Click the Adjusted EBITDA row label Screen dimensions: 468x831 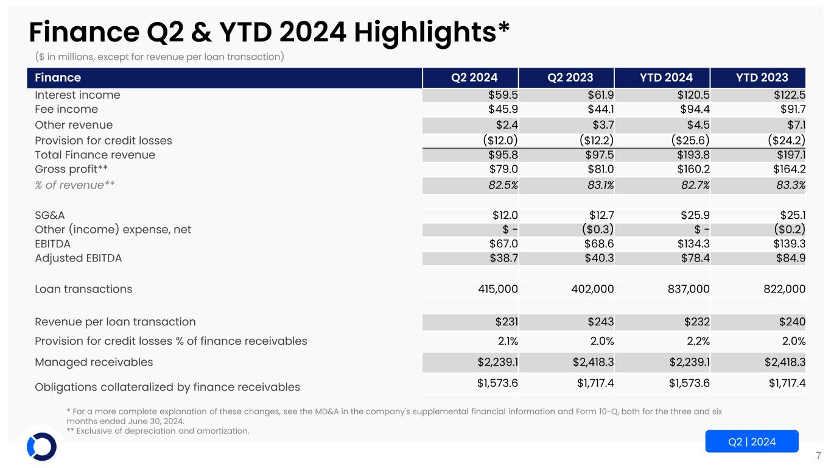coord(79,258)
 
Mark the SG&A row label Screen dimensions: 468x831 coord(50,214)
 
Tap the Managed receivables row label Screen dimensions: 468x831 coord(94,362)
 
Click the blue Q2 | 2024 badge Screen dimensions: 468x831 coord(751,442)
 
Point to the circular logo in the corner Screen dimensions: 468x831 coord(41,447)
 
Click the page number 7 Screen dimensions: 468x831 coord(818,455)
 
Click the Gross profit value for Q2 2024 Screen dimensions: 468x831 coord(503,169)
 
